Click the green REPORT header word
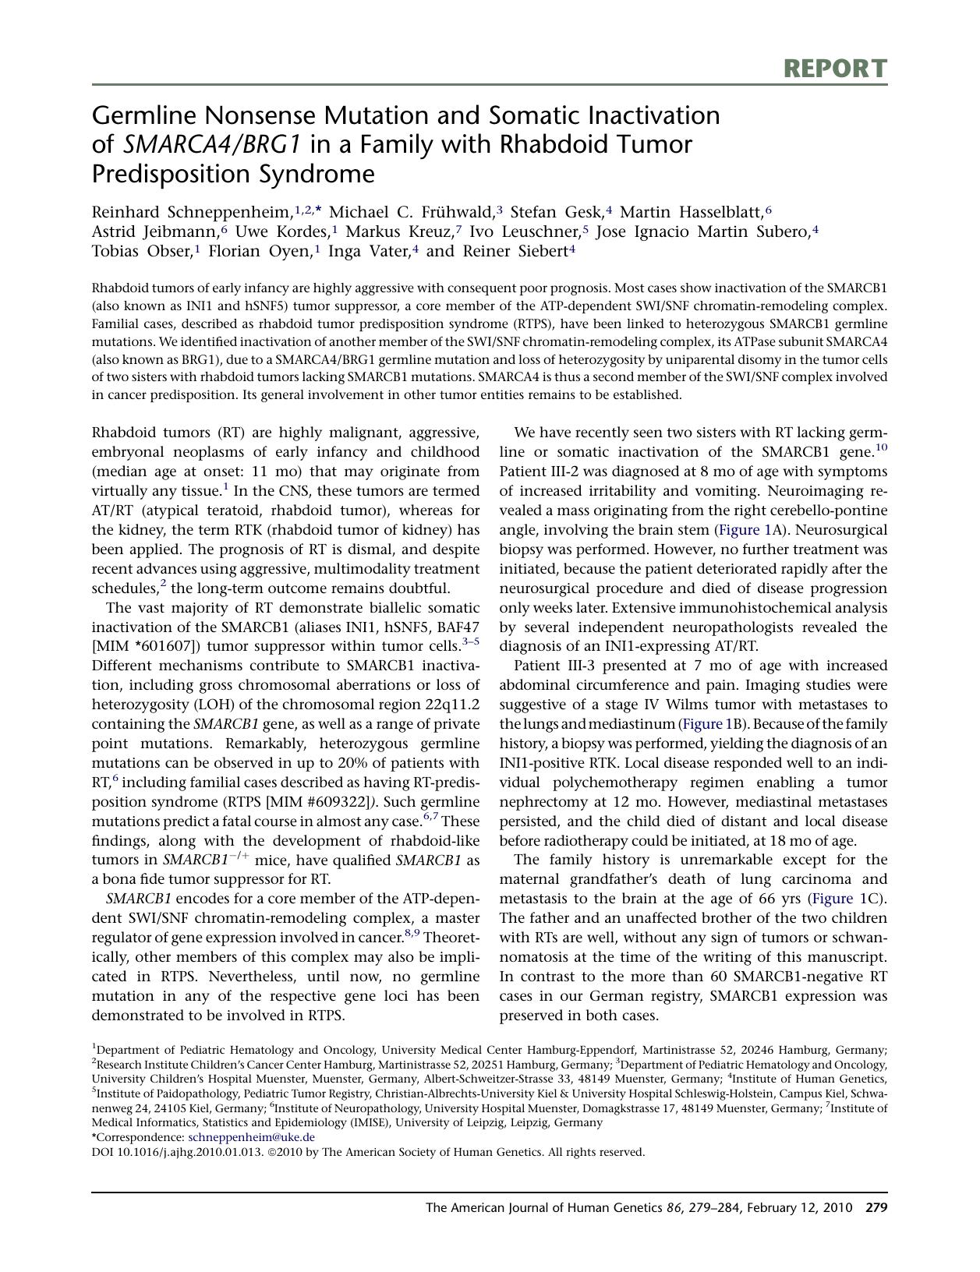pyautogui.click(x=835, y=69)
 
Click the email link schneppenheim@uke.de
pyautogui.click(x=252, y=1137)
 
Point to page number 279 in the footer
pyautogui.click(x=876, y=1208)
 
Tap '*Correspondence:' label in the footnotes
pyautogui.click(x=138, y=1137)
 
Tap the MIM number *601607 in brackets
pyautogui.click(x=151, y=646)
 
